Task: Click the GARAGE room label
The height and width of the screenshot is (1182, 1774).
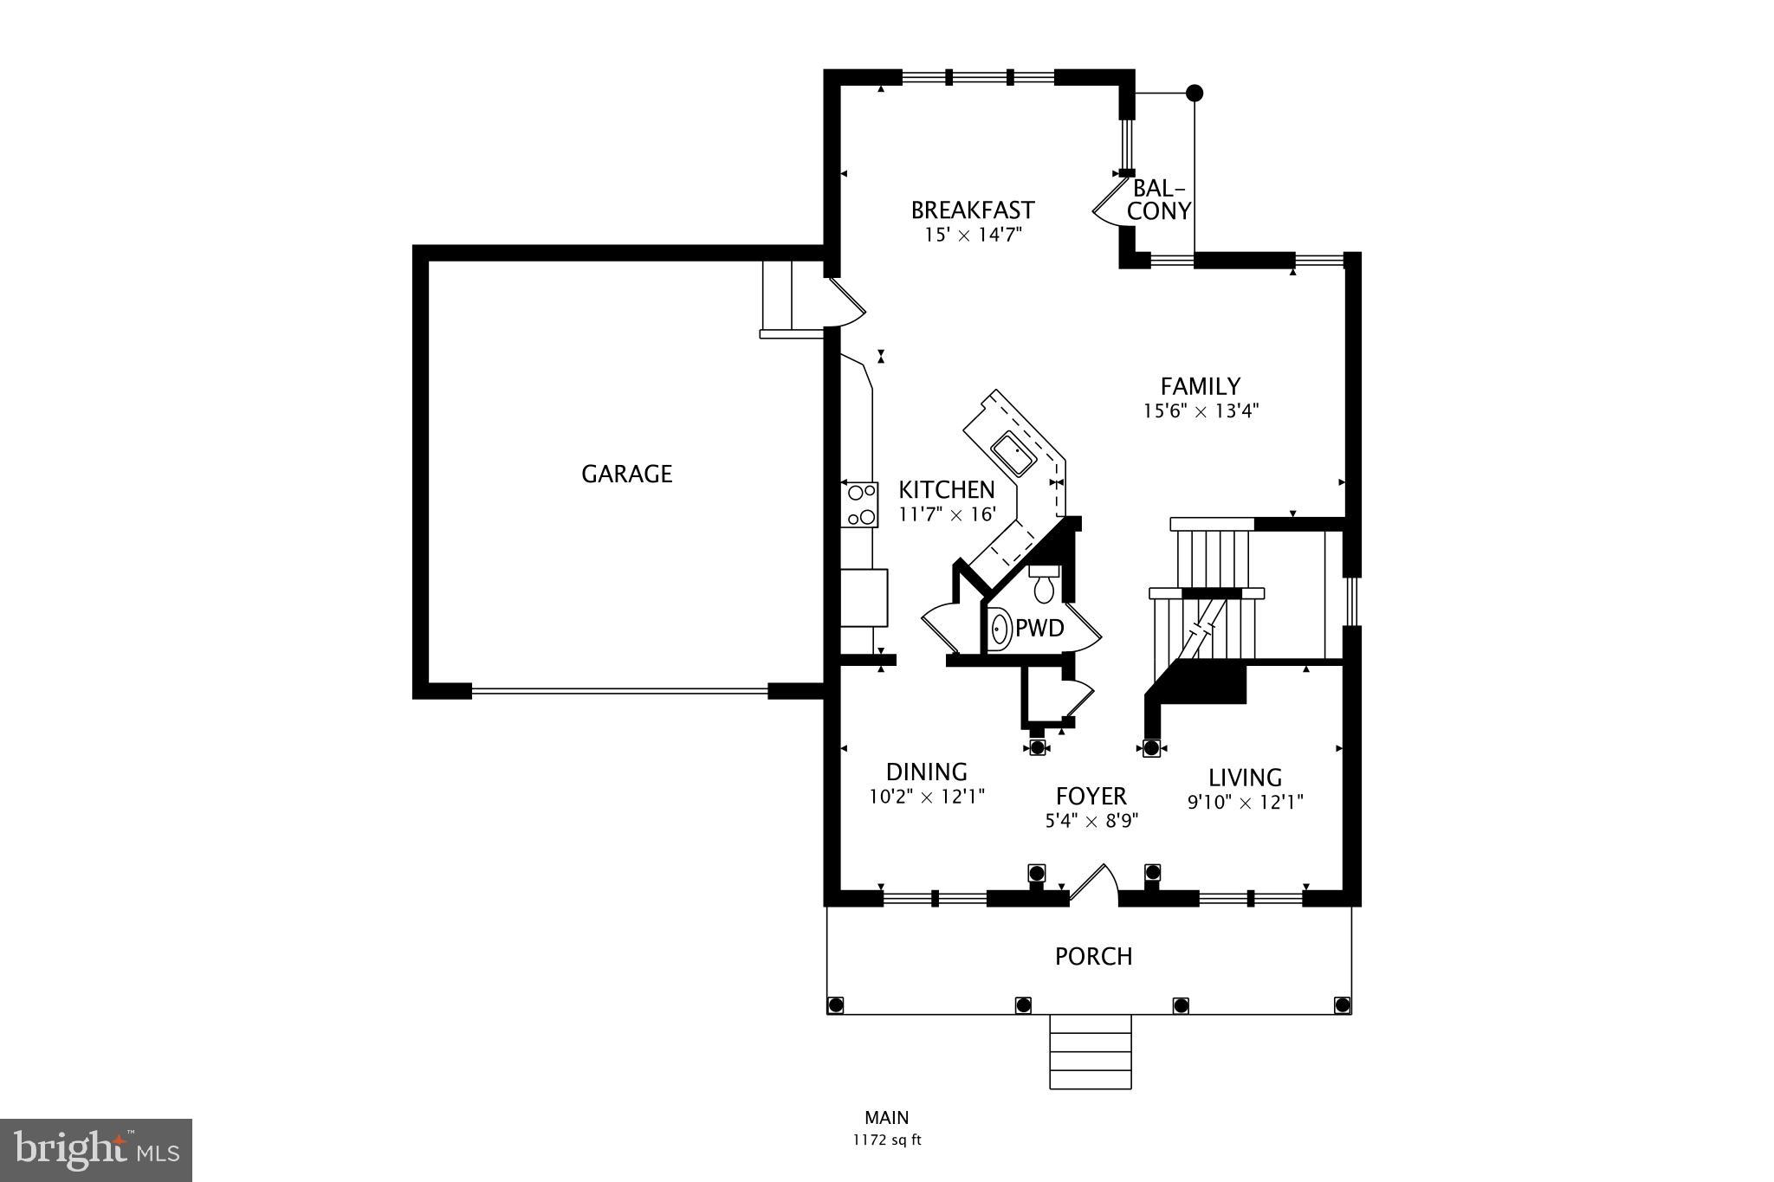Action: (626, 474)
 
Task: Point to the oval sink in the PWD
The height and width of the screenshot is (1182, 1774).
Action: (1000, 629)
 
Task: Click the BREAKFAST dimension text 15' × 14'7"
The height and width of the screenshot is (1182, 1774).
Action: (973, 235)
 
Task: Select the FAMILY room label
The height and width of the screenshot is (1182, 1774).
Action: (1200, 386)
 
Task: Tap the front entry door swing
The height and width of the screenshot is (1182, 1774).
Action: (1093, 882)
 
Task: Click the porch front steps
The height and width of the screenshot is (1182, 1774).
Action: (1091, 1051)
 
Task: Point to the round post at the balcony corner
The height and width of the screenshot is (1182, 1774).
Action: (1195, 93)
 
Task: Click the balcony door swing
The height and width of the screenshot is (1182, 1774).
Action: (1108, 203)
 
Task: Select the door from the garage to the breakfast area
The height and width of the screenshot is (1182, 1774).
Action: (845, 302)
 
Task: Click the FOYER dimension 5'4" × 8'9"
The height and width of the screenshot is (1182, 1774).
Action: (1091, 821)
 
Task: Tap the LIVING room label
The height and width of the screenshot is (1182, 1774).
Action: (1245, 778)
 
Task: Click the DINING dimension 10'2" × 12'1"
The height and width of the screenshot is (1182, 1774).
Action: (926, 797)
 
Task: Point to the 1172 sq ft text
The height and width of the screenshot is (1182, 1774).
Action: (886, 1140)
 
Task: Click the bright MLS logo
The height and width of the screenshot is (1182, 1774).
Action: (96, 1150)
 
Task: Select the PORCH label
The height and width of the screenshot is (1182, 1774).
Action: (1093, 957)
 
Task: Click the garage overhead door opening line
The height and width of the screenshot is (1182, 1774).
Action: (619, 690)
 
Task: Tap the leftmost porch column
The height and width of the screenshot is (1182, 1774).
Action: (836, 1004)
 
